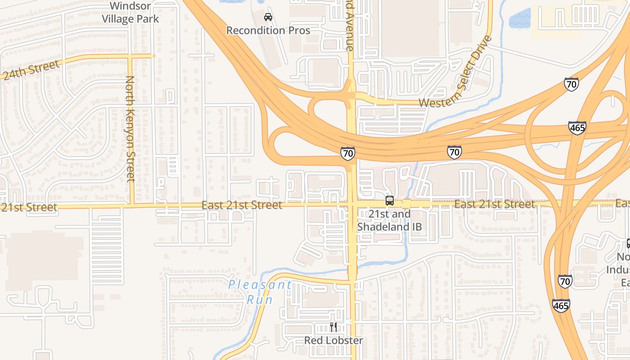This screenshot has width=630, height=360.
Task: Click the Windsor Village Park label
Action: pyautogui.click(x=130, y=13)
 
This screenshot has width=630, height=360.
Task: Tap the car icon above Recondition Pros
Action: pyautogui.click(x=268, y=18)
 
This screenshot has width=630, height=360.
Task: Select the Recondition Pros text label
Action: pyautogui.click(x=268, y=31)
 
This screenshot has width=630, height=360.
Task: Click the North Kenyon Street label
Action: pyautogui.click(x=130, y=129)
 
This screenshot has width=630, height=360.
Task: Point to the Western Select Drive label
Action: pyautogui.click(x=456, y=72)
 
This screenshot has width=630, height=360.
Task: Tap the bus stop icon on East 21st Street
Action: pyautogui.click(x=390, y=201)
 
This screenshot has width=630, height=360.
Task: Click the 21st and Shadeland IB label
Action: pyautogui.click(x=390, y=220)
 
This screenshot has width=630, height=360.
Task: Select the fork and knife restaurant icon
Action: pyautogui.click(x=333, y=327)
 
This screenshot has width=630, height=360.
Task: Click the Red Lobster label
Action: pyautogui.click(x=333, y=340)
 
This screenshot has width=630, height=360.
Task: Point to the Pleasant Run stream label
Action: pyautogui.click(x=260, y=292)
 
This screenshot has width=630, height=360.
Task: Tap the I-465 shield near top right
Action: pyautogui.click(x=577, y=128)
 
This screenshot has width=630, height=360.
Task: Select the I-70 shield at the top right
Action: pyautogui.click(x=571, y=84)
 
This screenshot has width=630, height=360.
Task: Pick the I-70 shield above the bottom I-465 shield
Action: pyautogui.click(x=565, y=281)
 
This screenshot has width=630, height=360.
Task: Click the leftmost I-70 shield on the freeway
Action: pyautogui.click(x=347, y=153)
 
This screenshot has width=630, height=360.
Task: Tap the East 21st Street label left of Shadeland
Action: pyautogui.click(x=242, y=205)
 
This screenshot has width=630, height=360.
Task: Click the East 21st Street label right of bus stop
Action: pyautogui.click(x=495, y=204)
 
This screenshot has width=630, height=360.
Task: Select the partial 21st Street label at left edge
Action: pyautogui.click(x=28, y=207)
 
